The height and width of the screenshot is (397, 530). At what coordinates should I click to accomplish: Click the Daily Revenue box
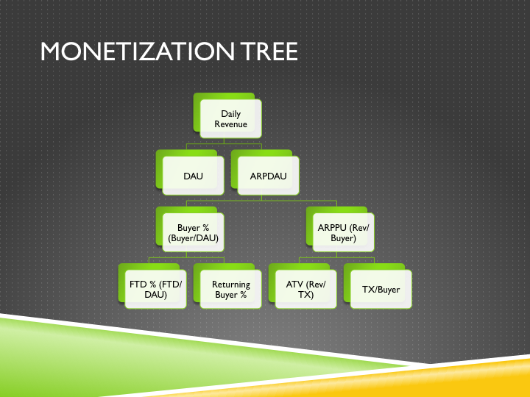click(x=231, y=119)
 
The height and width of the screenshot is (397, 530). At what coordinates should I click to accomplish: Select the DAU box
click(x=193, y=176)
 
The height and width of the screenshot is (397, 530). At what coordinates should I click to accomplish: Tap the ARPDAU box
click(x=269, y=176)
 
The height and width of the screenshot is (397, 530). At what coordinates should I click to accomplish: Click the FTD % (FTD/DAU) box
click(x=155, y=290)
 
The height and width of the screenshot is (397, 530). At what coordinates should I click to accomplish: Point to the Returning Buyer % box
click(x=231, y=290)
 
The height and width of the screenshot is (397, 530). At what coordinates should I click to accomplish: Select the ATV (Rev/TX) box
click(x=305, y=290)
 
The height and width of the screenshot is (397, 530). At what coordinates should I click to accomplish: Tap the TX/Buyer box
click(x=381, y=290)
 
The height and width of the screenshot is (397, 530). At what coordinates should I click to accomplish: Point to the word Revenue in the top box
click(x=231, y=124)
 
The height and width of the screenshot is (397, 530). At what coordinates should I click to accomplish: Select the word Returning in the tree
click(x=231, y=285)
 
